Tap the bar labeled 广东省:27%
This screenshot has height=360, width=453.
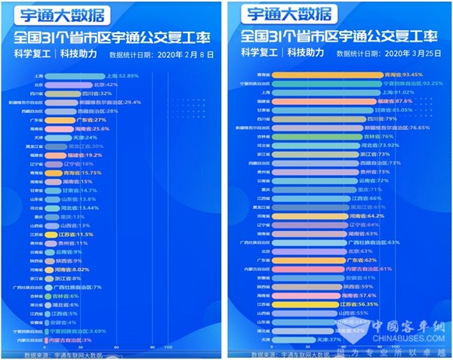click(x=67, y=120)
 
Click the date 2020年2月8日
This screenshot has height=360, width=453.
click(x=182, y=55)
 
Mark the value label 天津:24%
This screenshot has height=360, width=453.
click(x=90, y=137)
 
